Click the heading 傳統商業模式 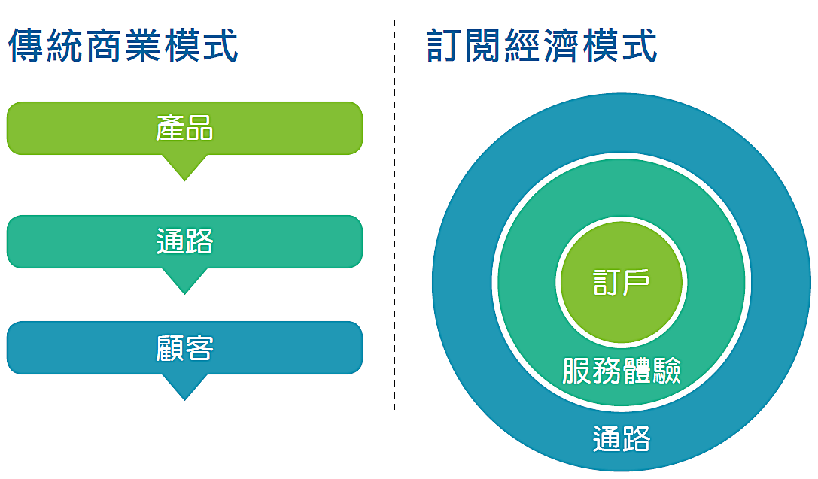(123, 45)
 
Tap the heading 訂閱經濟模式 (542, 45)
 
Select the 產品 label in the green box (184, 128)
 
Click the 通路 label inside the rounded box (184, 241)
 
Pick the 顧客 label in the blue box (184, 348)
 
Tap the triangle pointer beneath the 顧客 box (184, 387)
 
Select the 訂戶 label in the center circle (622, 282)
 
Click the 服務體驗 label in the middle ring (622, 371)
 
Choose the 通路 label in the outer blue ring (622, 439)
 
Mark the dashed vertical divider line (394, 215)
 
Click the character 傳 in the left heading (26, 45)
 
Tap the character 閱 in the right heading (483, 45)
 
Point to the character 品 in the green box (199, 128)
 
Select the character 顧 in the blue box (170, 348)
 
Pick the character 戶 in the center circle (636, 282)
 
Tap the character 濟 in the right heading (561, 45)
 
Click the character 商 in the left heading (103, 45)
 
